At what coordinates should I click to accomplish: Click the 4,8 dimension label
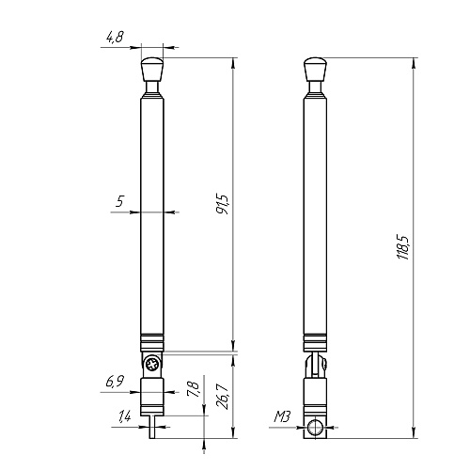(x=115, y=38)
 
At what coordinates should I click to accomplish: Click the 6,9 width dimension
(x=115, y=381)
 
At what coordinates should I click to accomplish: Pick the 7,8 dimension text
(x=194, y=387)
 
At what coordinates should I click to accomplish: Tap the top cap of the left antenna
(x=152, y=70)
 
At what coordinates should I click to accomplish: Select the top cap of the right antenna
(x=318, y=70)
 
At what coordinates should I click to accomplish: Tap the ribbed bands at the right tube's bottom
(x=318, y=341)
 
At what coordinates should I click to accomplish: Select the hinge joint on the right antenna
(x=318, y=364)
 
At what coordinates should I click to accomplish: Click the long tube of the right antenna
(x=318, y=216)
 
